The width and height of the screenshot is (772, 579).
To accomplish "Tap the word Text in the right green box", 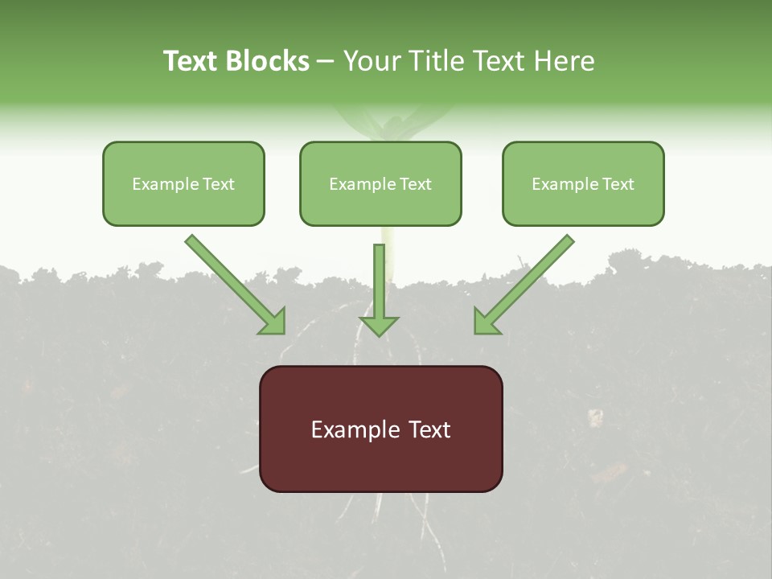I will (x=619, y=184).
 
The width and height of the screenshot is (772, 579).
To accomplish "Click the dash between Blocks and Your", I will (x=326, y=62).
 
